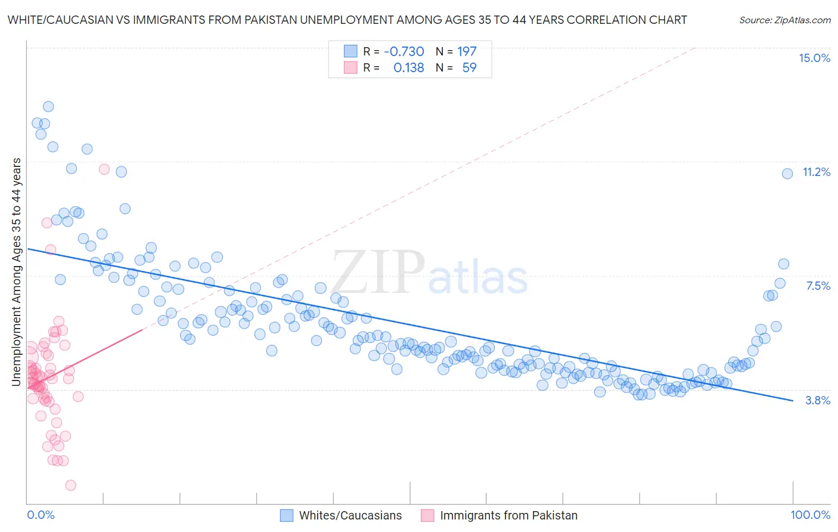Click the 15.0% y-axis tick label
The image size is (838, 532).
coord(814,58)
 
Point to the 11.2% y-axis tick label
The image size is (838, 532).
coord(816,172)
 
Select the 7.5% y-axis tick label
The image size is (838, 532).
coord(818,286)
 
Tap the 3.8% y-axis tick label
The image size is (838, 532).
coord(818,400)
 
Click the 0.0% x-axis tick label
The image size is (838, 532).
coord(41,515)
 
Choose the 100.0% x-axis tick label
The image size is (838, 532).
coord(810,515)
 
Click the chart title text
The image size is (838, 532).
coord(347,20)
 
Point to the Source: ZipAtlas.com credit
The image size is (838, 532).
coord(784,20)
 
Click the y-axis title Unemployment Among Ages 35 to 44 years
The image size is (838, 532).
coord(17,272)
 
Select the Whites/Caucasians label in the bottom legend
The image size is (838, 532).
coord(350,515)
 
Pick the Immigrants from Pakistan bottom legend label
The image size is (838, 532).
coord(508,515)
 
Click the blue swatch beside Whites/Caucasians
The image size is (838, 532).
coord(287,515)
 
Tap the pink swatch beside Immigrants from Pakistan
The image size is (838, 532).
coord(427,515)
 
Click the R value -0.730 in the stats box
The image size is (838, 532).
coord(404,51)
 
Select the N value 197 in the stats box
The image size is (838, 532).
coord(467,51)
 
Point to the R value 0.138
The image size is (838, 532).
coord(408,67)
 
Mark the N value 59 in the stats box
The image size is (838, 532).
coord(469,67)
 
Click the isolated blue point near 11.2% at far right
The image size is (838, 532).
coord(787,174)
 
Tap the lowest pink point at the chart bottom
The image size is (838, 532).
coord(71,485)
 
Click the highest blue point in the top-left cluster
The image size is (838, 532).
coord(48,107)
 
